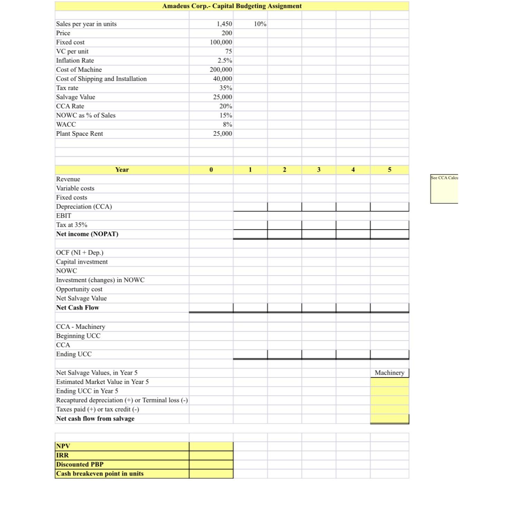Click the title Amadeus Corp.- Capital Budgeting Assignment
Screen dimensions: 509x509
(x=232, y=6)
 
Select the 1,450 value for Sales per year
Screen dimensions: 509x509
(x=224, y=24)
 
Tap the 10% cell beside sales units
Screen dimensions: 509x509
(x=260, y=24)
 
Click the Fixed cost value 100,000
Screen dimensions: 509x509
(x=221, y=42)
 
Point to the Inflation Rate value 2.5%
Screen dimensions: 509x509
(x=224, y=60)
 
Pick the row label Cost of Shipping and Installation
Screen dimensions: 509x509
(x=101, y=79)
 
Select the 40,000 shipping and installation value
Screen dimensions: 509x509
(x=222, y=79)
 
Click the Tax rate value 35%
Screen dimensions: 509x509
(x=225, y=88)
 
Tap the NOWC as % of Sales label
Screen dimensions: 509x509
(x=86, y=115)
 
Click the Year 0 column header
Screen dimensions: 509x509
(x=211, y=170)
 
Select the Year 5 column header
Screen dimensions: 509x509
(x=390, y=170)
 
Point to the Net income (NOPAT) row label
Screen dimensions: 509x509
(x=87, y=234)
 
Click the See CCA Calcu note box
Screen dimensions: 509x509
(x=444, y=189)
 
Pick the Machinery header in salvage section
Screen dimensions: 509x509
(x=389, y=373)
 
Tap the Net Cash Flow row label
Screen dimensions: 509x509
(x=77, y=307)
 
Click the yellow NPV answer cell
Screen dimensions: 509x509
(x=211, y=446)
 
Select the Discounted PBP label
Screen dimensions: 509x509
(x=80, y=464)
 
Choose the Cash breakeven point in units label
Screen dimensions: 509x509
(x=100, y=473)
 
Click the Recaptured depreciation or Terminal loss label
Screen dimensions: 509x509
(x=122, y=400)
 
